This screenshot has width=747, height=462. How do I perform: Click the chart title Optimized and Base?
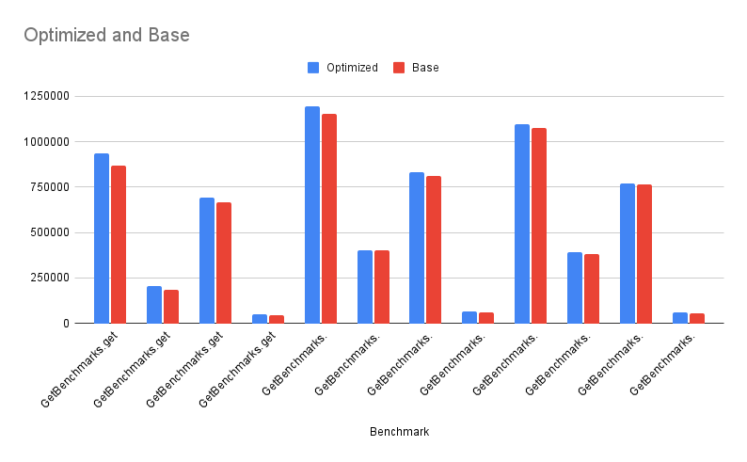(x=106, y=36)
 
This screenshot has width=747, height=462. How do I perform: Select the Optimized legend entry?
(x=343, y=68)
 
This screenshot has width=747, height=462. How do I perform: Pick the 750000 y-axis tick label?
(x=49, y=186)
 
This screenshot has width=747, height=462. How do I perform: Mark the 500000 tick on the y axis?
(x=49, y=232)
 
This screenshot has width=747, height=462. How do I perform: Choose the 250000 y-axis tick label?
(x=49, y=278)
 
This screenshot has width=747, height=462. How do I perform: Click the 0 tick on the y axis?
(x=65, y=323)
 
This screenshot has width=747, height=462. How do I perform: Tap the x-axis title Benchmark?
(x=399, y=432)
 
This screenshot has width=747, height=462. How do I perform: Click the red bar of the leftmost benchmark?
(x=118, y=245)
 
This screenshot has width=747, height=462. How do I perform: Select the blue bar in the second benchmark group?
(x=154, y=305)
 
